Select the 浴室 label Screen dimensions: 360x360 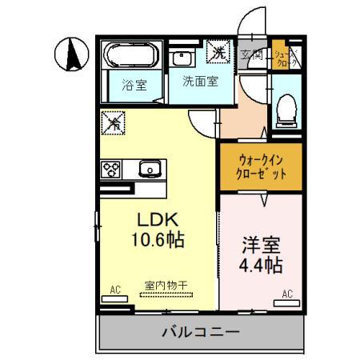click(134, 85)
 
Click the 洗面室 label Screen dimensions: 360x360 click(197, 81)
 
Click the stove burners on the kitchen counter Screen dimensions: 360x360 click(110, 169)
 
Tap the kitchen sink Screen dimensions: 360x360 click(149, 169)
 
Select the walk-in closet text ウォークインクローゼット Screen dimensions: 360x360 click(260, 166)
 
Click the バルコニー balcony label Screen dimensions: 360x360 click(200, 330)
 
